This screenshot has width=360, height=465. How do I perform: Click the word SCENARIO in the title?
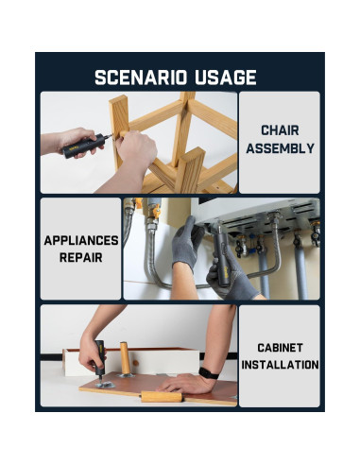(141, 77)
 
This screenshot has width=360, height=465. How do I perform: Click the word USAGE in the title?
(225, 77)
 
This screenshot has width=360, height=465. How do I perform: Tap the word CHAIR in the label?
(280, 130)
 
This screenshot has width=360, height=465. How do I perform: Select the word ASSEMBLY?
(280, 148)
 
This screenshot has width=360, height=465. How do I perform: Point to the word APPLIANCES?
(81, 240)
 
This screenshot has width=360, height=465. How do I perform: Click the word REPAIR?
(81, 258)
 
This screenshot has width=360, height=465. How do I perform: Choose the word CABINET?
(280, 348)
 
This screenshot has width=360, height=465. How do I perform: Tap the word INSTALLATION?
(280, 365)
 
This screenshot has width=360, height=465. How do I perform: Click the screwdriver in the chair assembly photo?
(85, 146)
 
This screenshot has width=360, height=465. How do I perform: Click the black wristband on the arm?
(209, 373)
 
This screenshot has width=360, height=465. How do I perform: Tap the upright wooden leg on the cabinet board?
(125, 359)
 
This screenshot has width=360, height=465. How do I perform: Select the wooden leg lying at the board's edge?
(162, 396)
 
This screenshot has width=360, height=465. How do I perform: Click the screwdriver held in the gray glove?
(221, 257)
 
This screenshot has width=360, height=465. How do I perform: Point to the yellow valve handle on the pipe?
(156, 212)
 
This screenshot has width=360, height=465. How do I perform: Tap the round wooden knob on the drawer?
(136, 363)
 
